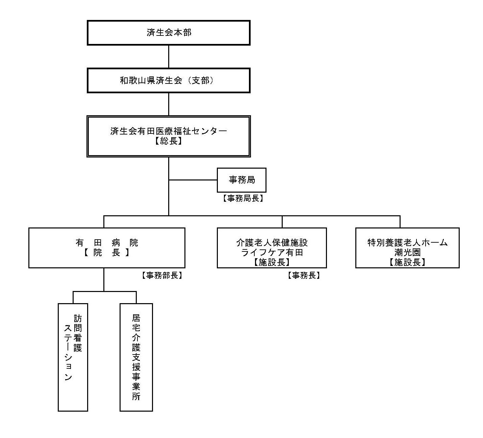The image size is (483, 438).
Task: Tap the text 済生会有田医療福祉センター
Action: point(169,131)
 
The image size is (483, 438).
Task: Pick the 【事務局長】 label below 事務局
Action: point(243,198)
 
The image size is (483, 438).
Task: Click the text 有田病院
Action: point(107,243)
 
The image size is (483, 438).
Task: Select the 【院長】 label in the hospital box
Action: point(107,252)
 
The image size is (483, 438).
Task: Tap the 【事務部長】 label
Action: point(162,275)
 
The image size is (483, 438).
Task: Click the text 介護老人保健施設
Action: point(272,243)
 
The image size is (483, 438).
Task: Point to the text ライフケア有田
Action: point(272,252)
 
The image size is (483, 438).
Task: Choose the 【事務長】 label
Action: point(304,275)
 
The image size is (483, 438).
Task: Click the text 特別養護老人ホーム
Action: point(407,243)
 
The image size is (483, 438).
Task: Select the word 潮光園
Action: point(407,252)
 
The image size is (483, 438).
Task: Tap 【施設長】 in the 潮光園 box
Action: point(407,262)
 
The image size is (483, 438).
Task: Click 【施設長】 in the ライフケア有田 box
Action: point(272,262)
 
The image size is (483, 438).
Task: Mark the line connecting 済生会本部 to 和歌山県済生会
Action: point(169,57)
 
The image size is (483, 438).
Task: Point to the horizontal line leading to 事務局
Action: point(193,180)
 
